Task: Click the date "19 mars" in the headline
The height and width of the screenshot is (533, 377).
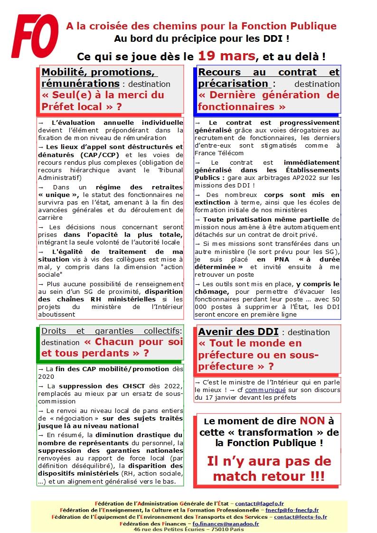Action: click(x=226, y=56)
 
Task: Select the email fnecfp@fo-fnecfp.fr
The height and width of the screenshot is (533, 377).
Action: click(x=292, y=510)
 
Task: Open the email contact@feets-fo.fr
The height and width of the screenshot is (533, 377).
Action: click(x=300, y=517)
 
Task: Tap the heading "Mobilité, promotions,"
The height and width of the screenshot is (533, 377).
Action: click(x=100, y=72)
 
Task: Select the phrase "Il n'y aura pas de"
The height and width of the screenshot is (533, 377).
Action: click(x=269, y=461)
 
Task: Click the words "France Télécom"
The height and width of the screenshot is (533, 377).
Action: click(x=219, y=153)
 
